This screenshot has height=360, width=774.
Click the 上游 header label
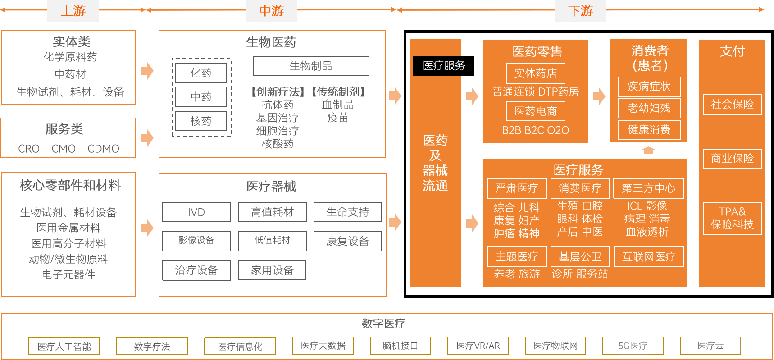pyautogui.click(x=73, y=11)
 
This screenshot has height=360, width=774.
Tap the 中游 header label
pyautogui.click(x=271, y=11)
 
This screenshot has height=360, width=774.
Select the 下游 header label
pyautogui.click(x=580, y=11)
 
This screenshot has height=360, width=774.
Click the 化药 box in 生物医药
pyautogui.click(x=201, y=73)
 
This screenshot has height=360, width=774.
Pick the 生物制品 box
pyautogui.click(x=311, y=66)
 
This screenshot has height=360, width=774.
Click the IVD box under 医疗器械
pyautogui.click(x=196, y=212)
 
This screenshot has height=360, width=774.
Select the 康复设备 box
pyautogui.click(x=347, y=241)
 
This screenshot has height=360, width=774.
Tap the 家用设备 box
pyautogui.click(x=272, y=270)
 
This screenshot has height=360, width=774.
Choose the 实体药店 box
pyautogui.click(x=535, y=73)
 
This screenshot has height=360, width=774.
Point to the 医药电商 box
pyautogui.click(x=535, y=111)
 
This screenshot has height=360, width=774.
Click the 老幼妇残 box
pyautogui.click(x=649, y=108)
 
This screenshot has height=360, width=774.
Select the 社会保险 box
pyautogui.click(x=732, y=105)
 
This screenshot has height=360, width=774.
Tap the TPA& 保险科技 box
pyautogui.click(x=732, y=218)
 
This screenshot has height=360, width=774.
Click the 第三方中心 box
pyautogui.click(x=648, y=188)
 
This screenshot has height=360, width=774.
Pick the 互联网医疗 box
pyautogui.click(x=648, y=257)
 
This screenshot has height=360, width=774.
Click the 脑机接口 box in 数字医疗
pyautogui.click(x=400, y=346)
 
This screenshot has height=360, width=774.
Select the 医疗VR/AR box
pyautogui.click(x=478, y=346)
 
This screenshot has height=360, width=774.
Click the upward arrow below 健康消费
pyautogui.click(x=648, y=150)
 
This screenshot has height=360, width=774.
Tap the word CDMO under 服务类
pyautogui.click(x=103, y=149)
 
